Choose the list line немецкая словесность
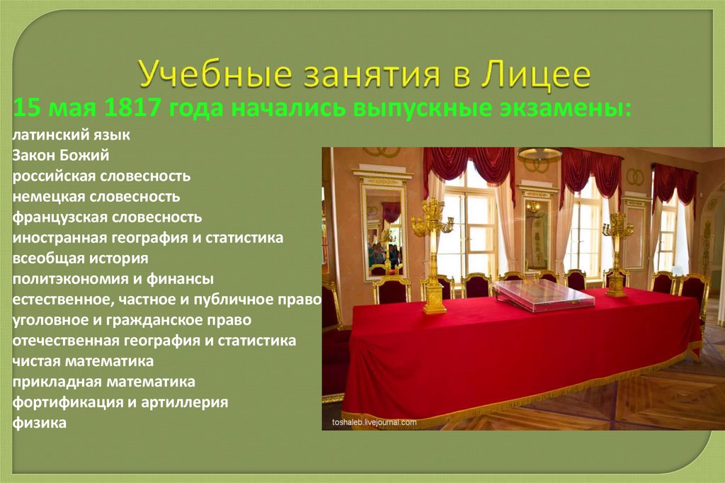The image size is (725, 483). (96, 196)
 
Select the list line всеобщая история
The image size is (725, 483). (80, 258)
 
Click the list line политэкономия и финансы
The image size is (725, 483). (113, 279)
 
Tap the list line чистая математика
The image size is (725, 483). (84, 361)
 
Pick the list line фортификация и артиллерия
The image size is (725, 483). (120, 402)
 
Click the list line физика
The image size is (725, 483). (40, 424)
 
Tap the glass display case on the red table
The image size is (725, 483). (543, 295)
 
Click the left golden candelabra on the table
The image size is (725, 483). (432, 255)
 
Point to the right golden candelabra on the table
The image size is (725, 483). (617, 251)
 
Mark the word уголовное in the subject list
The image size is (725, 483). (47, 320)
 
